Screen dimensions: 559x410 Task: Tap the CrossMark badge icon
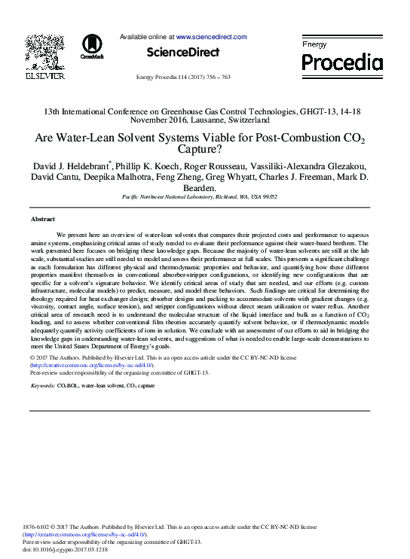tap(93, 44)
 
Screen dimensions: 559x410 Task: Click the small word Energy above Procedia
tap(314, 44)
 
